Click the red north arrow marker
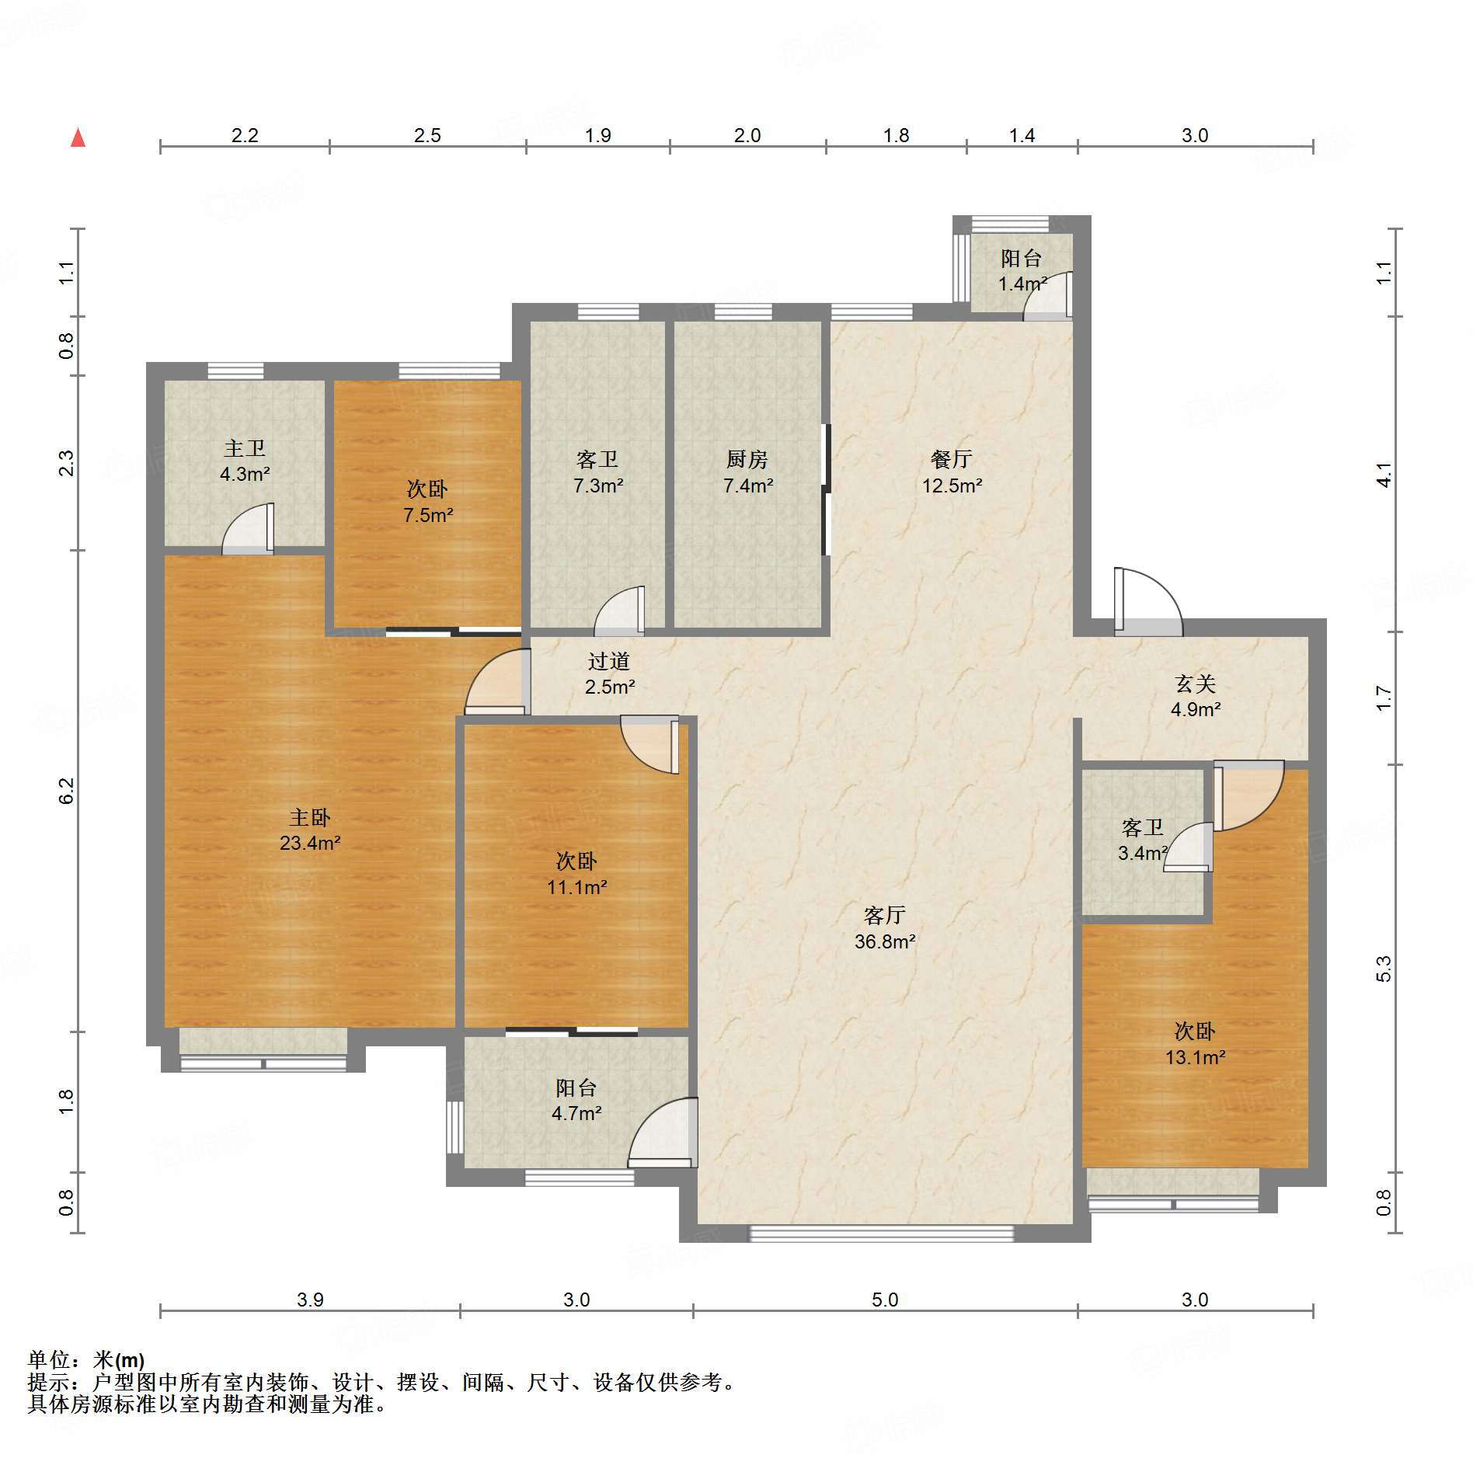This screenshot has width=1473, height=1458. pos(78,137)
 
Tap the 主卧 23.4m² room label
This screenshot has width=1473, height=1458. pos(310,830)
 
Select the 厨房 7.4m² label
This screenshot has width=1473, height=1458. pos(747,472)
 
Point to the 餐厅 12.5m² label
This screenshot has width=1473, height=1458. pos(952,472)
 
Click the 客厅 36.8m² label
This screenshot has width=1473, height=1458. pos(885,928)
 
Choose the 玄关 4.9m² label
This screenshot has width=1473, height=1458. pos(1196,696)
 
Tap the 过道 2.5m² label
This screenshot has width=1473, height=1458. pos(609,673)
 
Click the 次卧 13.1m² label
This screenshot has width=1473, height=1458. pos(1195,1044)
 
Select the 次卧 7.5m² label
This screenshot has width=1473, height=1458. pos(427,502)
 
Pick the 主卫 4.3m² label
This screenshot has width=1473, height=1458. pos(245,461)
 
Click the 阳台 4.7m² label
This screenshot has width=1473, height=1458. pos(576,1100)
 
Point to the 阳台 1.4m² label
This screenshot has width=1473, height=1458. pos(1022,270)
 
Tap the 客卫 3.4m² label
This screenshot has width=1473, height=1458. pos(1143,840)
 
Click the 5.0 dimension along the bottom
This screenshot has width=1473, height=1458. pos(885,1300)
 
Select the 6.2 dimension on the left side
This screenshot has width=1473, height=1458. pos(66,791)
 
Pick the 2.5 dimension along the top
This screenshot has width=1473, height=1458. pos(427,135)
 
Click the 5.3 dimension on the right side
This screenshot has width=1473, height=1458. pos(1384,969)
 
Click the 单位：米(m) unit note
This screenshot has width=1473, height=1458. pos(86,1359)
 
